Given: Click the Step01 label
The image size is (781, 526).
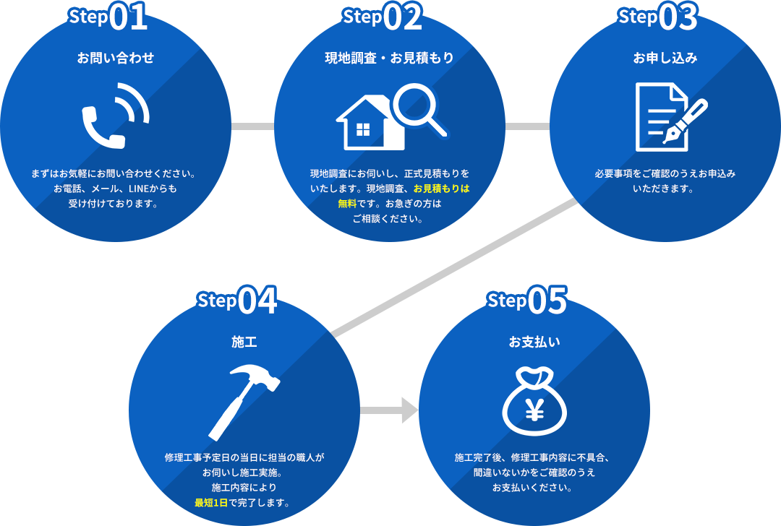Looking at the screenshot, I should (108, 18).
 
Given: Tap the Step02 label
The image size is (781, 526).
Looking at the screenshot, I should (383, 18).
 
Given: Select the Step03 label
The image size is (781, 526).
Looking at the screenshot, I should (657, 18).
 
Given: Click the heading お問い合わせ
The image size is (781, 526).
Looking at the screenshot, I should (116, 58).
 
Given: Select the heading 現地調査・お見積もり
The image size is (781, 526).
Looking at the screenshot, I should (389, 58).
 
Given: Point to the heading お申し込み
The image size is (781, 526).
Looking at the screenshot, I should (665, 58).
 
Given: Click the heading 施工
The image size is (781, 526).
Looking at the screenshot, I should (244, 342).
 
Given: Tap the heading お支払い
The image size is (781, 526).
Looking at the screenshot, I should (534, 342).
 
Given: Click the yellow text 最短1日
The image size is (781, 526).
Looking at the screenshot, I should (211, 502).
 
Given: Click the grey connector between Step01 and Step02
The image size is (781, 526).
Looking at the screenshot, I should (252, 126).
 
